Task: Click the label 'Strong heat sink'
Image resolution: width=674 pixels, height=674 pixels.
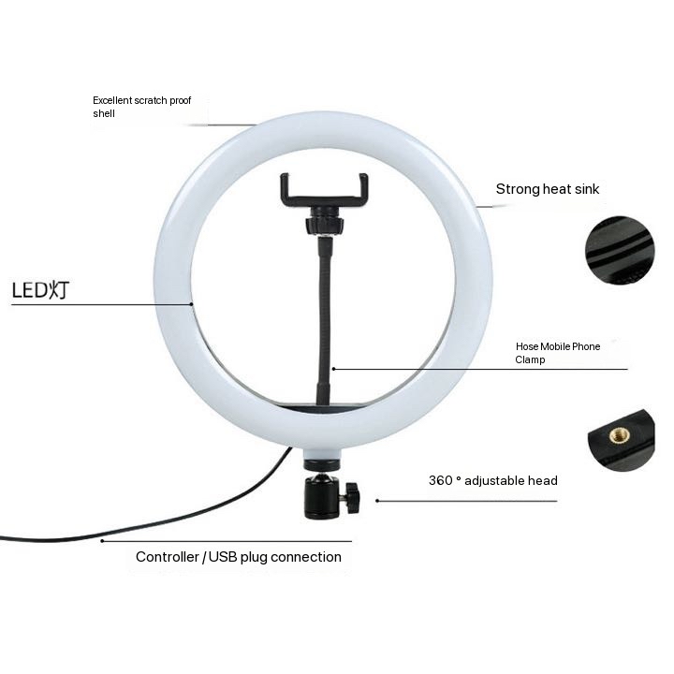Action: click(x=548, y=189)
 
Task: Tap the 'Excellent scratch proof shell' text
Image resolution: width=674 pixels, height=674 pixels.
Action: click(x=142, y=107)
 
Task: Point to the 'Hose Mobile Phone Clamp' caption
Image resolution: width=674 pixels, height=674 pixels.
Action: click(x=558, y=353)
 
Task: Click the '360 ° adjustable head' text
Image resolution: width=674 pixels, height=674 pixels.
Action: click(x=493, y=480)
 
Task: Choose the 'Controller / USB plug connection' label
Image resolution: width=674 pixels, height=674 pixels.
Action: click(x=239, y=557)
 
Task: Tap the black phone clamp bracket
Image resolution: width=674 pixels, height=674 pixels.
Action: click(x=324, y=189)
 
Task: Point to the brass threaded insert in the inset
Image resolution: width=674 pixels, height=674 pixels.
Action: click(x=620, y=436)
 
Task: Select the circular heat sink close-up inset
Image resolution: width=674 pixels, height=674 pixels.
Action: click(x=620, y=250)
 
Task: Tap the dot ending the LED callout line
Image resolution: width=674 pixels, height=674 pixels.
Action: click(x=192, y=304)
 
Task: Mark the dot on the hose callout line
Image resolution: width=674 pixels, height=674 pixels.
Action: click(x=333, y=369)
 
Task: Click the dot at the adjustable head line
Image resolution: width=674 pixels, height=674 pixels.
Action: click(x=377, y=501)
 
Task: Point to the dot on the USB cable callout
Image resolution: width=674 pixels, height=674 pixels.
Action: click(x=102, y=541)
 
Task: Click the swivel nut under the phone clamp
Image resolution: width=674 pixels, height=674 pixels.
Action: click(x=325, y=223)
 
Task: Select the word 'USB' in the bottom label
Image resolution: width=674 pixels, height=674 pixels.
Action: click(x=223, y=557)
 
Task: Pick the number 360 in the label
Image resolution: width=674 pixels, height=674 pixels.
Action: click(x=441, y=480)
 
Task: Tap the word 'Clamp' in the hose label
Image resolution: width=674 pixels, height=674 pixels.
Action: click(x=530, y=359)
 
